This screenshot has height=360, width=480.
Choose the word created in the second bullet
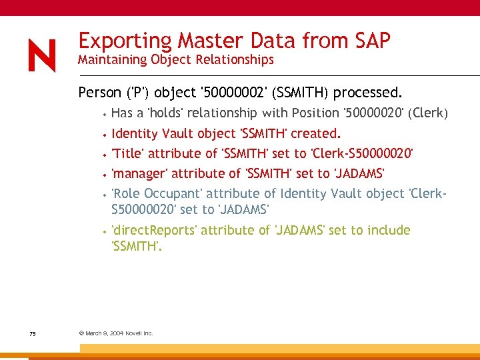[x=315, y=133]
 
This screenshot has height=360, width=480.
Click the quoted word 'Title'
[x=128, y=153]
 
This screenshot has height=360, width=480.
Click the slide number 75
[x=32, y=333]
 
